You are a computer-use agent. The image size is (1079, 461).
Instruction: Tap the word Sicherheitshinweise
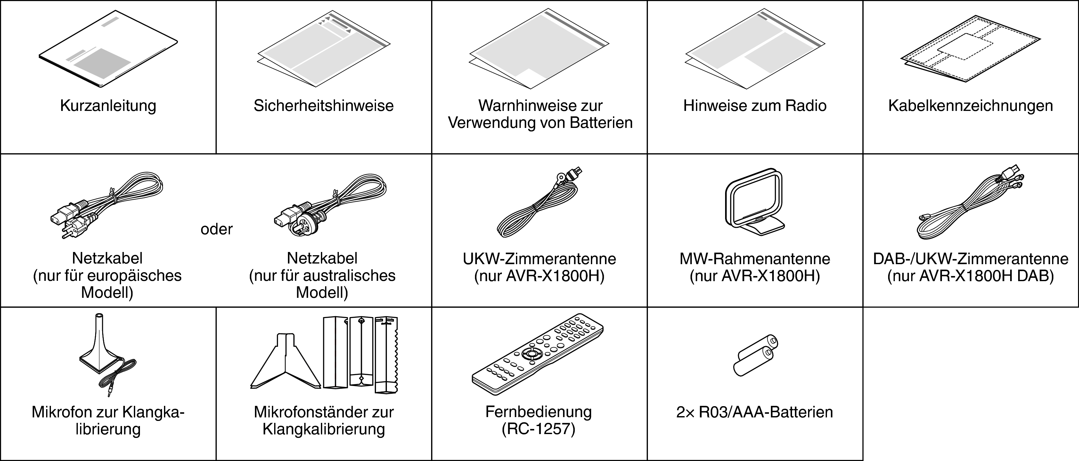[x=323, y=105]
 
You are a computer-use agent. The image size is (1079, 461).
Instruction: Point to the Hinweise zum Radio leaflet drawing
[x=755, y=48]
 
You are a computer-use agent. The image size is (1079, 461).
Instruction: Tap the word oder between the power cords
[x=217, y=229]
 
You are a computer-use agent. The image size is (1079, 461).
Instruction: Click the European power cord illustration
[x=106, y=205]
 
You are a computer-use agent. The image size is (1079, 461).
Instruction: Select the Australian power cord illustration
[x=330, y=205]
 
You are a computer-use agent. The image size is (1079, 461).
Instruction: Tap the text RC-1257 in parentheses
[x=539, y=429]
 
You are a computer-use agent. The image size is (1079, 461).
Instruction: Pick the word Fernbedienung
[x=539, y=412]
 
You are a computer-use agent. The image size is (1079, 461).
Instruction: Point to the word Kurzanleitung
[x=108, y=105]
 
